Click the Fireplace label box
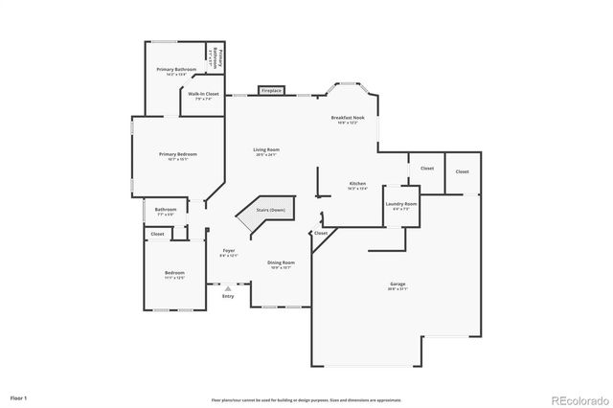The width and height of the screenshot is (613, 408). click(x=272, y=91)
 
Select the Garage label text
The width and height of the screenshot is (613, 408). click(x=397, y=284)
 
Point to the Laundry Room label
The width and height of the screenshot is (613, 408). click(x=401, y=204)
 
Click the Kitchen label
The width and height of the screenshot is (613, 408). click(x=357, y=183)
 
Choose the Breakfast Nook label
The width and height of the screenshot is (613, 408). click(x=344, y=117)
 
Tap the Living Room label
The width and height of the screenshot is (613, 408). click(x=265, y=149)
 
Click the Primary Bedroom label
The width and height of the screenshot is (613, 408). click(x=178, y=154)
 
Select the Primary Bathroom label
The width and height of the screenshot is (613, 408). click(x=177, y=69)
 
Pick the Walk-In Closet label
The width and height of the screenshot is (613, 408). click(x=203, y=94)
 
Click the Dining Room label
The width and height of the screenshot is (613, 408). click(x=281, y=262)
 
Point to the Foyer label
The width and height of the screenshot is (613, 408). click(x=228, y=250)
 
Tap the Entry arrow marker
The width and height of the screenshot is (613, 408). click(x=228, y=287)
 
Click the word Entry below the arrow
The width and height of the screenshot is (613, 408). click(x=228, y=296)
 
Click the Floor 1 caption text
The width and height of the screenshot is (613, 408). click(x=19, y=396)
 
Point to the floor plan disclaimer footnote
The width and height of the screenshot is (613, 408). click(x=306, y=399)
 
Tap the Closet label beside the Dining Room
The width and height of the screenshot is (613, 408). click(x=321, y=233)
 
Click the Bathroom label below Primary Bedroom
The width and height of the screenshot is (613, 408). click(x=167, y=209)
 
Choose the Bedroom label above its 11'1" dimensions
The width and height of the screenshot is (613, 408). click(x=174, y=273)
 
